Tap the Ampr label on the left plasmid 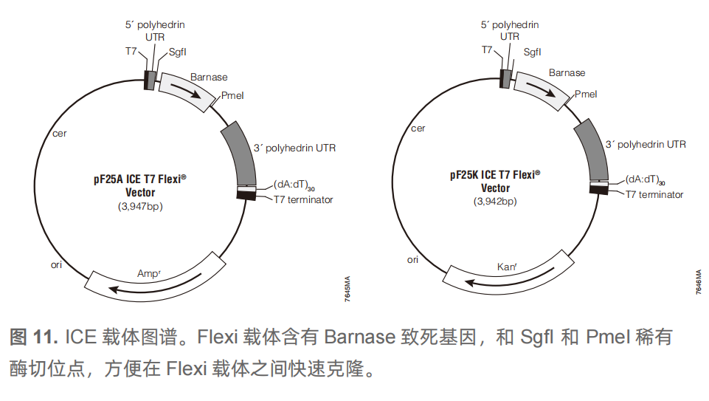pyautogui.click(x=149, y=273)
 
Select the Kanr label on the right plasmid pyautogui.click(x=507, y=267)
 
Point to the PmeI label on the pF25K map pyautogui.click(x=586, y=94)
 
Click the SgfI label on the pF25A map pyautogui.click(x=177, y=52)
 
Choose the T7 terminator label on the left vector pyautogui.click(x=303, y=199)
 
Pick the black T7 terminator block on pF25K pyautogui.click(x=598, y=189)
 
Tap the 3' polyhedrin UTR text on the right pyautogui.click(x=646, y=145)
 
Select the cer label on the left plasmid pyautogui.click(x=59, y=134)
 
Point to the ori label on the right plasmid pyautogui.click(x=412, y=260)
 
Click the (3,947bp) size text pyautogui.click(x=140, y=206)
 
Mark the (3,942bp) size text pyautogui.click(x=495, y=202)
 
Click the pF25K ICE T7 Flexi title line pyautogui.click(x=495, y=175)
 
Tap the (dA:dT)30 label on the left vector pyautogui.click(x=294, y=185)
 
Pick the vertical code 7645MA pyautogui.click(x=347, y=289)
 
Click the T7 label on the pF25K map pyautogui.click(x=487, y=49)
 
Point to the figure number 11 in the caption pyautogui.click(x=45, y=337)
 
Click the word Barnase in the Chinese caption pyautogui.click(x=360, y=337)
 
